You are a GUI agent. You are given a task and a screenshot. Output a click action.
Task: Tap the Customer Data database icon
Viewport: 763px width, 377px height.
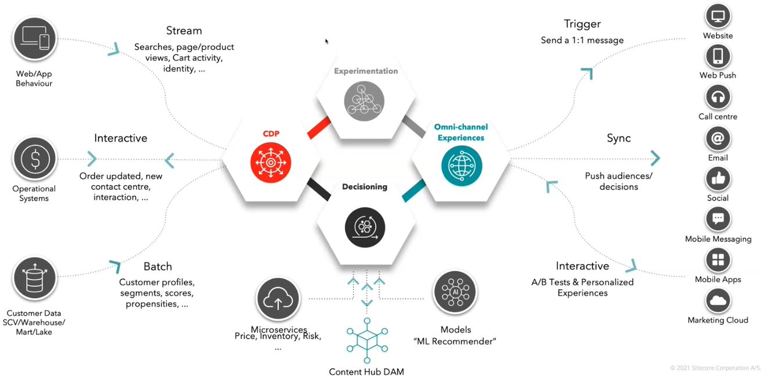pyautogui.click(x=35, y=279)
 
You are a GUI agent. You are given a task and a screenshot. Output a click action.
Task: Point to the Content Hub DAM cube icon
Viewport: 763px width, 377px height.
pyautogui.click(x=366, y=341)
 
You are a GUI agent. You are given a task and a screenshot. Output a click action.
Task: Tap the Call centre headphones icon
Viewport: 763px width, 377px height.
pyautogui.click(x=718, y=97)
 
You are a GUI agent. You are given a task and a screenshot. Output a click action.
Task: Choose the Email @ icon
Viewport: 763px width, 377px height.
pyautogui.click(x=718, y=138)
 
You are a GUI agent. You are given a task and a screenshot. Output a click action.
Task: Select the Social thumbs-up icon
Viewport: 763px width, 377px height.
pyautogui.click(x=718, y=179)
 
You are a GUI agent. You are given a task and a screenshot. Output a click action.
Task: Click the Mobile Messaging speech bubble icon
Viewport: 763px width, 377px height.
pyautogui.click(x=718, y=220)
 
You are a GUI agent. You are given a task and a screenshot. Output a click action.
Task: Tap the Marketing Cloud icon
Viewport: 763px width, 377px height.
pyautogui.click(x=718, y=301)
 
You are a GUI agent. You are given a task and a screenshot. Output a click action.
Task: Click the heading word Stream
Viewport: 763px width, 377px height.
pyautogui.click(x=183, y=30)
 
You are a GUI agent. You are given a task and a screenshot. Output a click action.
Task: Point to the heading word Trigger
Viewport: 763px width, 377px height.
pyautogui.click(x=582, y=24)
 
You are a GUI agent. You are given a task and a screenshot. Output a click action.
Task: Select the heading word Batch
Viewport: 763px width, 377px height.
pyautogui.click(x=158, y=267)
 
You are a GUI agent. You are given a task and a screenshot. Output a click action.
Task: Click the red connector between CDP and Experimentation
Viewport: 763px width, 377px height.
pyautogui.click(x=319, y=127)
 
